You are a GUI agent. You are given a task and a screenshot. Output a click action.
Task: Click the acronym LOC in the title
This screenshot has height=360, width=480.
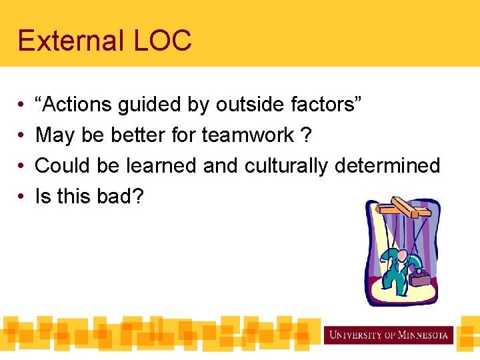pyautogui.click(x=163, y=41)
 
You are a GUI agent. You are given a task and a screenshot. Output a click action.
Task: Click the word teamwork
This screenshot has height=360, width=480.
pyautogui.click(x=248, y=135)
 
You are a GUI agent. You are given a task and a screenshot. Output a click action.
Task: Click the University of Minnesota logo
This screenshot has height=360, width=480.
pyautogui.click(x=388, y=334)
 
